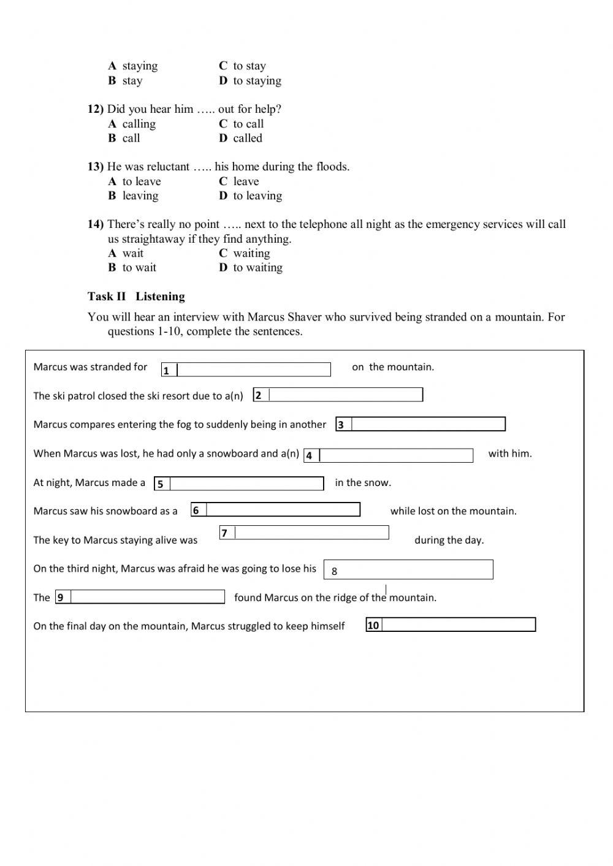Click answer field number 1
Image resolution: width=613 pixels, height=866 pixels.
[x=253, y=370]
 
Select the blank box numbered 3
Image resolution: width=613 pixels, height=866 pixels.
[x=428, y=424]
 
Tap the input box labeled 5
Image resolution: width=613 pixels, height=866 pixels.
[x=246, y=484]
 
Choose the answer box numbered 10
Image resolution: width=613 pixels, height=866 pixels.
[x=458, y=625]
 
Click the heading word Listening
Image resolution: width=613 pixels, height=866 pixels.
[x=160, y=297]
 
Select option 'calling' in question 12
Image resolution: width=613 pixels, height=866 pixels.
[x=139, y=124]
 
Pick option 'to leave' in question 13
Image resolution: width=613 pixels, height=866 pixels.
[x=141, y=181]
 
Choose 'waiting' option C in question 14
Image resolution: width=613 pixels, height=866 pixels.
[x=251, y=253]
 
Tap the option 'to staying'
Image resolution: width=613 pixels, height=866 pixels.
[x=257, y=80]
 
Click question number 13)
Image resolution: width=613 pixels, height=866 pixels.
[x=96, y=167]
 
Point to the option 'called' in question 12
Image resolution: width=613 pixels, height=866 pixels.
[x=248, y=138]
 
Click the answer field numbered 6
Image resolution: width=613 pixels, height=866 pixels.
[x=283, y=510]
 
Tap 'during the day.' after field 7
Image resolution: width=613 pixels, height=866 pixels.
[x=449, y=540]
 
